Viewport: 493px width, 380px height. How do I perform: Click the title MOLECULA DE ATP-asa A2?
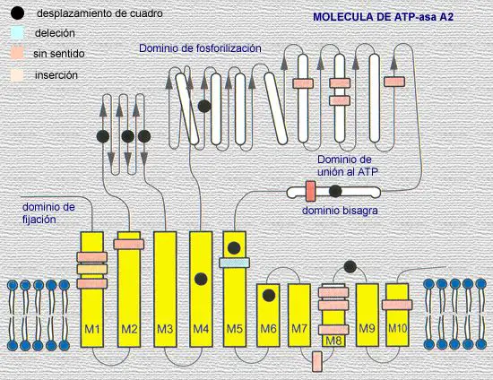tap(384, 17)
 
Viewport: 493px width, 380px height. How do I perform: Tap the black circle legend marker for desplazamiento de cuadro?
tap(17, 13)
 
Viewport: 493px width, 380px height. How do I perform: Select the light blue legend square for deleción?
tap(17, 32)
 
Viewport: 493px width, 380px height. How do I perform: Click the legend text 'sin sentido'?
tap(59, 54)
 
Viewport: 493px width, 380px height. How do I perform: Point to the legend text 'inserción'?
tap(56, 75)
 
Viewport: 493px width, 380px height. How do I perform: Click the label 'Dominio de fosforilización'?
tap(200, 48)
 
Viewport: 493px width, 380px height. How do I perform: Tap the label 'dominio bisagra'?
tap(340, 211)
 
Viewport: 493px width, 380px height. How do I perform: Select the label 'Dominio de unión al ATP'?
tap(348, 166)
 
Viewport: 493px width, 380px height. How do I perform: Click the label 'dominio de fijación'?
tap(48, 213)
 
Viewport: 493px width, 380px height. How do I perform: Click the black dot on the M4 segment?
tap(201, 279)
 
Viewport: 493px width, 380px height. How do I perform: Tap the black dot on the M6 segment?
tap(269, 296)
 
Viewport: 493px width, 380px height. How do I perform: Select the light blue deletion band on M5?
tap(235, 263)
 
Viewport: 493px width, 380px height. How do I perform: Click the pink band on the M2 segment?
tap(129, 244)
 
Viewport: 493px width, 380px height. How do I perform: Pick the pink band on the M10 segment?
tap(397, 305)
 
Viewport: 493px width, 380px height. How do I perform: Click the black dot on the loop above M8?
tap(350, 267)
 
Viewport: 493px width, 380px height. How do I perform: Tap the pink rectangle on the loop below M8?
tap(317, 361)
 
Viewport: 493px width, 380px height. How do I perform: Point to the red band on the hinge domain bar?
tap(311, 191)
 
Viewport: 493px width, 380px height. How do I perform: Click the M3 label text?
tap(165, 329)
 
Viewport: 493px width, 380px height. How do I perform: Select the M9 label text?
tap(367, 328)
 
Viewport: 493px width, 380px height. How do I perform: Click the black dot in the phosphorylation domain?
tap(204, 107)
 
